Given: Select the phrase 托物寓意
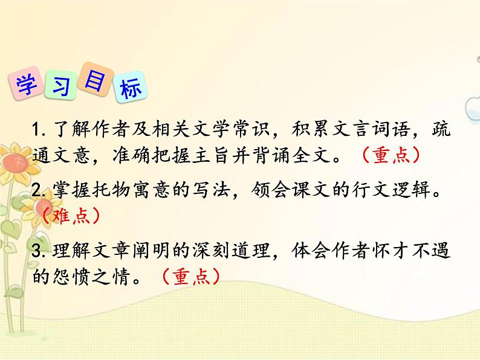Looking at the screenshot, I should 138,191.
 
